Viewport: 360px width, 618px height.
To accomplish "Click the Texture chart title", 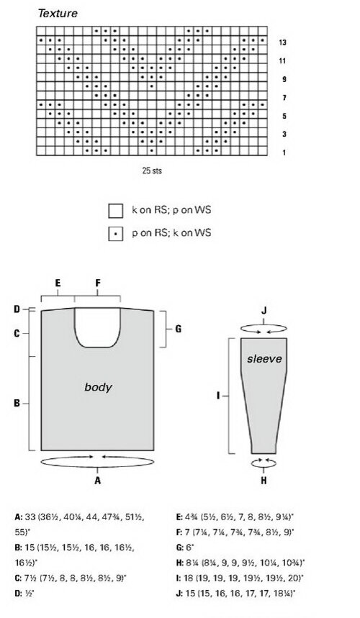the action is (x=58, y=14).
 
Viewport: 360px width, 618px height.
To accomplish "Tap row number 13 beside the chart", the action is (x=282, y=42).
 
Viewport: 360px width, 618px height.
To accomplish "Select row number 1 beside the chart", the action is (x=284, y=153).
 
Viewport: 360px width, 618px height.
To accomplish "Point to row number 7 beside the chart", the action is (x=284, y=98).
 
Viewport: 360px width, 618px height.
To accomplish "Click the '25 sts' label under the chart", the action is (x=152, y=171).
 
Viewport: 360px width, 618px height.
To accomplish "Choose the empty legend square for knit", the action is (x=115, y=211).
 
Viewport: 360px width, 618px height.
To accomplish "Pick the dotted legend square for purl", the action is (x=115, y=234).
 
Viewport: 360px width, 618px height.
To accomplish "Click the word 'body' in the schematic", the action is (x=98, y=388).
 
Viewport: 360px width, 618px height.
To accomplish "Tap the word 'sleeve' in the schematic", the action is (x=264, y=359).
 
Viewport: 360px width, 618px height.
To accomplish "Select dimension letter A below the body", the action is (x=98, y=481).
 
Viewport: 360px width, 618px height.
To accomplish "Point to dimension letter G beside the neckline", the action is (x=179, y=329).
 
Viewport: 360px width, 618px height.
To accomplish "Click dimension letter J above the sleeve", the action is (x=264, y=311).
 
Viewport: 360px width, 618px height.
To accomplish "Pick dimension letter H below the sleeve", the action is (x=264, y=481).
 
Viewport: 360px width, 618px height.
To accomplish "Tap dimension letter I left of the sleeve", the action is (x=218, y=395).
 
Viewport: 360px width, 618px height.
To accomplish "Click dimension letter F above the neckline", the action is (x=98, y=283).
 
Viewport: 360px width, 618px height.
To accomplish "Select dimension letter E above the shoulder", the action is (x=58, y=283).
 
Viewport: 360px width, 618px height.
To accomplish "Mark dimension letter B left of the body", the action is (x=17, y=404).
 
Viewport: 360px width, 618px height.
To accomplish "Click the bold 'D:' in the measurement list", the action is (x=18, y=593).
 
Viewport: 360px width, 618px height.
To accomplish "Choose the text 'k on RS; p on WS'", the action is (x=171, y=209).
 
